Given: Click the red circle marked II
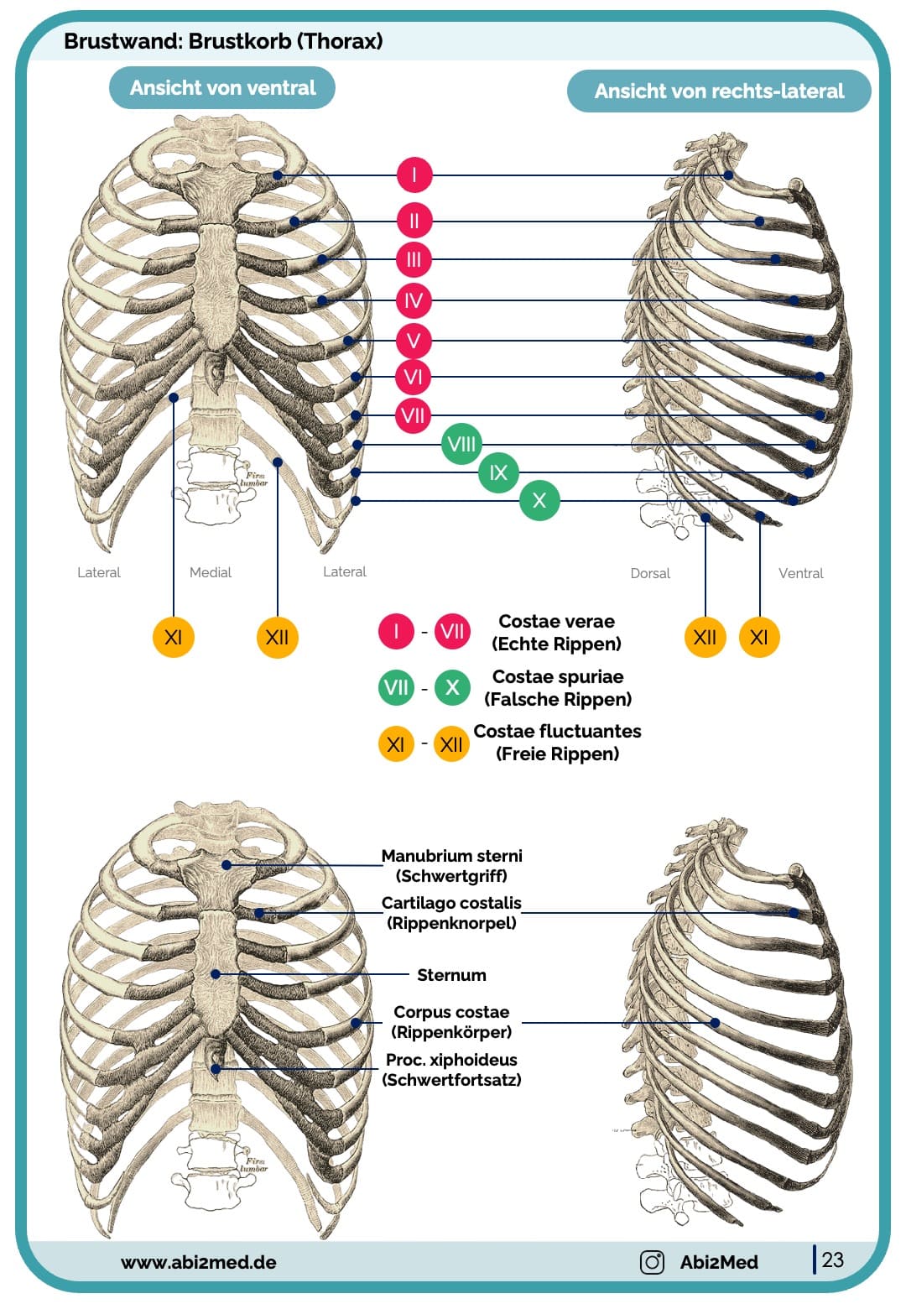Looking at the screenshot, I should click(414, 221).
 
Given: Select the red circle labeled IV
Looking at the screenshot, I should click(414, 300).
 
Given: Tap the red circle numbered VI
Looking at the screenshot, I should click(414, 378).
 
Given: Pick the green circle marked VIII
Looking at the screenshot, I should click(461, 444).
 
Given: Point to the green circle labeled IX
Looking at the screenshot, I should click(498, 472).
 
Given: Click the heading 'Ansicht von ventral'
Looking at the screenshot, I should click(222, 88).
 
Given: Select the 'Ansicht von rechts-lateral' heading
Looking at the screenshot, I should click(719, 91).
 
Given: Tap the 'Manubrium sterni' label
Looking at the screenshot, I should click(451, 856).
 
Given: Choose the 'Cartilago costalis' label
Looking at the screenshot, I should click(451, 903).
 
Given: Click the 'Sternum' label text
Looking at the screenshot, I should click(451, 975).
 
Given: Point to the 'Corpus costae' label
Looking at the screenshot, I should click(451, 1012).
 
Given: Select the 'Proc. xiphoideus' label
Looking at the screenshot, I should click(451, 1060).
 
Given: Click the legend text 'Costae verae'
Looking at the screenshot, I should click(556, 622).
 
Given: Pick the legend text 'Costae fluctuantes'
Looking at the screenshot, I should click(557, 732).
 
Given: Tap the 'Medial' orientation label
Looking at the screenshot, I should click(211, 572).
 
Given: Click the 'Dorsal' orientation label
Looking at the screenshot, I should click(650, 573).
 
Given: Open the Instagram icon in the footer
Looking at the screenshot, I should click(652, 1262).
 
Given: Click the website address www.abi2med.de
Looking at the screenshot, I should click(198, 1262).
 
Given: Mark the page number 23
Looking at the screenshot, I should click(833, 1259).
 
